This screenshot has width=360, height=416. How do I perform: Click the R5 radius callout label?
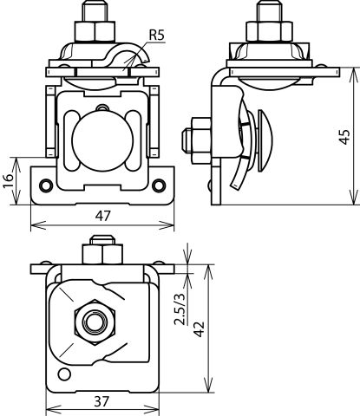[156, 35]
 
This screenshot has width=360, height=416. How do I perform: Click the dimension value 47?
[103, 216]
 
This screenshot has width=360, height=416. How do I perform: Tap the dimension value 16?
[9, 180]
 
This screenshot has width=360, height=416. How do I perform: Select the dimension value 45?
[344, 137]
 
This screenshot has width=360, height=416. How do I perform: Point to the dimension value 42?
[199, 328]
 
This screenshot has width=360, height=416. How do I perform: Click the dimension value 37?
[101, 401]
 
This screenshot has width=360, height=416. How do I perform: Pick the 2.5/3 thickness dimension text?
[180, 309]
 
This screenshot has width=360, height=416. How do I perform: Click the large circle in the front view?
[102, 140]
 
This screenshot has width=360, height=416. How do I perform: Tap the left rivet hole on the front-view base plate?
[46, 185]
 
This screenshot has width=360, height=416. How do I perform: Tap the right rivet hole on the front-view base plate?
[159, 185]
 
